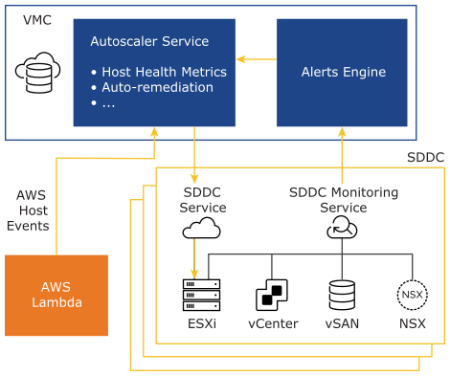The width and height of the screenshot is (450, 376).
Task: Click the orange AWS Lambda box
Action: coord(56,296)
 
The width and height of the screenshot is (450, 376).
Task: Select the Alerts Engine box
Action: coord(342,73)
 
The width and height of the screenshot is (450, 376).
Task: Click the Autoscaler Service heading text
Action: coord(149,41)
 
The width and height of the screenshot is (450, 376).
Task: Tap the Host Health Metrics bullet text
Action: coord(164,72)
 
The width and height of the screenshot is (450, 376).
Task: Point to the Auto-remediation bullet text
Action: coord(157,87)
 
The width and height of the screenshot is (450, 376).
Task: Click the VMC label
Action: coord(37,20)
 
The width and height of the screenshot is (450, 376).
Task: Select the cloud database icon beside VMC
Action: coord(37,73)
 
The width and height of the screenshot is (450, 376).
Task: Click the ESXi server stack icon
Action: coord(201,295)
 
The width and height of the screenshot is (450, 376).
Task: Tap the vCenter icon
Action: coord(272,295)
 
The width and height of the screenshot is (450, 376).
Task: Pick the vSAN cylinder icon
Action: coord(342,295)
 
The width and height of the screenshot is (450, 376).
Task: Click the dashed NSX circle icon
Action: coord(413,295)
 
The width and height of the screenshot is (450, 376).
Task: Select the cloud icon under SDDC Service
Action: coord(201,228)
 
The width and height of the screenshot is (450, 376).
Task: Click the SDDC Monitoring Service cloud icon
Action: coord(342,227)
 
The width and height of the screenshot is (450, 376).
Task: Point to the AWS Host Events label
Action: coord(28,210)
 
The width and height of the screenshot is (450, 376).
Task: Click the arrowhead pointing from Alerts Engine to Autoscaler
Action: coord(240,59)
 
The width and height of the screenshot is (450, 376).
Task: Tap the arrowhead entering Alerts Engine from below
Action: coord(342,132)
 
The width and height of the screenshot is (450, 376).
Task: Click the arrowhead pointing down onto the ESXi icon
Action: coord(194,275)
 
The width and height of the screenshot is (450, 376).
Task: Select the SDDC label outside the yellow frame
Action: coord(426,157)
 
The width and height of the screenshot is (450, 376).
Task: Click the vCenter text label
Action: coord(273,323)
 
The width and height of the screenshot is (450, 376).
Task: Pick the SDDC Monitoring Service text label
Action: coord(344,200)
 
